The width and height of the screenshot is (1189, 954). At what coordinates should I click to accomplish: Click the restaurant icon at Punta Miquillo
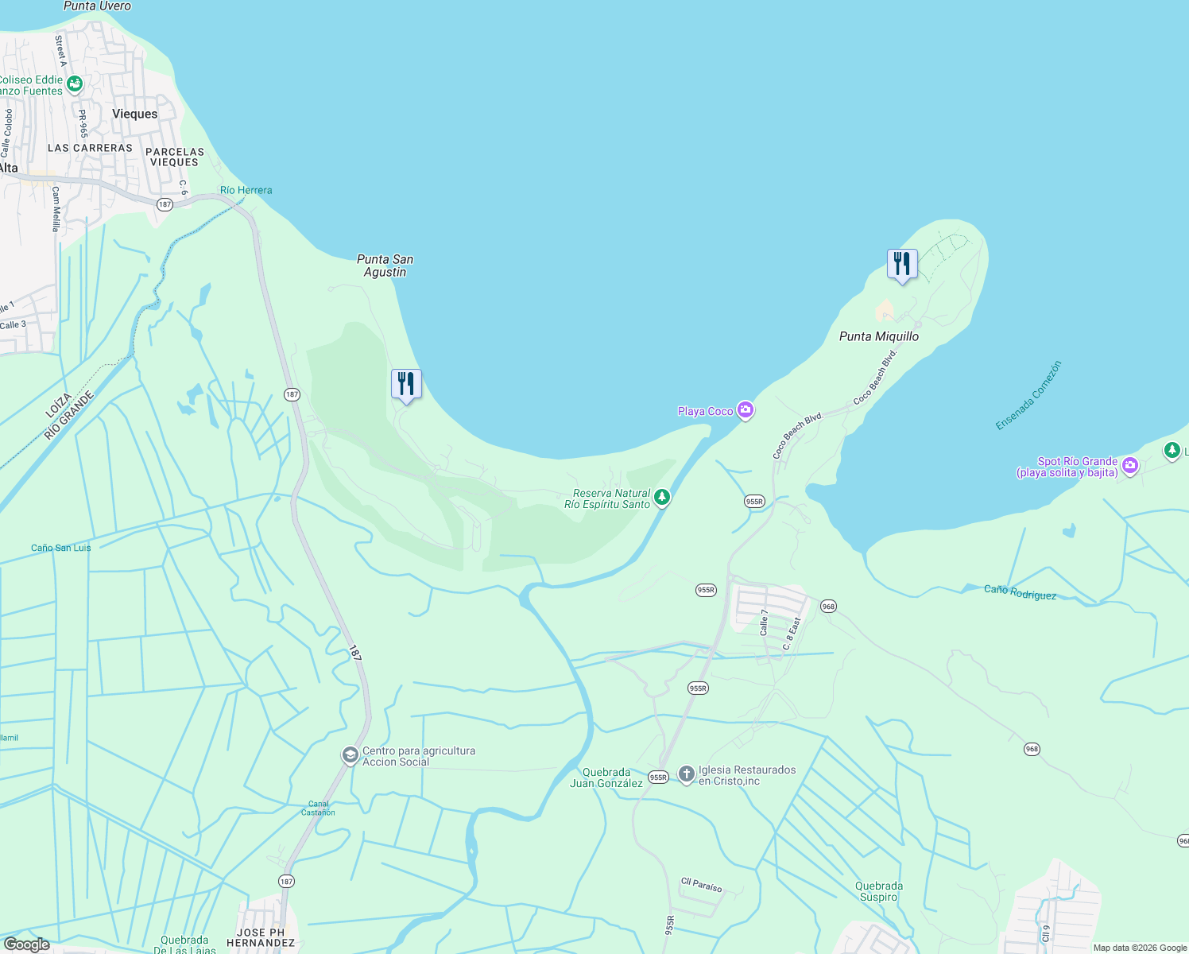pyautogui.click(x=902, y=264)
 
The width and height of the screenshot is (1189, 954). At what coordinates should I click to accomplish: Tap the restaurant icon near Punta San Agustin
pyautogui.click(x=406, y=384)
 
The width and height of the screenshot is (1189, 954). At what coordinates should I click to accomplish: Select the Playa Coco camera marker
pyautogui.click(x=746, y=410)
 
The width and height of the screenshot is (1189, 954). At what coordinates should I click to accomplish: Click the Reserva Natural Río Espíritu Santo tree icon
pyautogui.click(x=662, y=498)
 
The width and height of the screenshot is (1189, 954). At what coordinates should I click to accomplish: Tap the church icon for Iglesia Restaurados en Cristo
pyautogui.click(x=687, y=774)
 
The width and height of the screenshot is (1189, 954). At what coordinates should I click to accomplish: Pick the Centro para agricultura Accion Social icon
pyautogui.click(x=350, y=755)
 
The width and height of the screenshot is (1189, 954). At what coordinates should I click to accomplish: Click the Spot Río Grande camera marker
pyautogui.click(x=1130, y=466)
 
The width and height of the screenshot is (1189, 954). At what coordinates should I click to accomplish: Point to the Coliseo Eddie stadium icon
pyautogui.click(x=75, y=83)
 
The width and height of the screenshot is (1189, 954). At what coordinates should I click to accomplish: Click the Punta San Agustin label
pyautogui.click(x=385, y=266)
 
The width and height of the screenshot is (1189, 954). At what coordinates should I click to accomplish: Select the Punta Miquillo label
pyautogui.click(x=879, y=336)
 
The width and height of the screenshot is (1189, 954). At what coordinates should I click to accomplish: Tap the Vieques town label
pyautogui.click(x=134, y=114)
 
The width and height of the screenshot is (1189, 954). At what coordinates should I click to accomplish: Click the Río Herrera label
pyautogui.click(x=246, y=190)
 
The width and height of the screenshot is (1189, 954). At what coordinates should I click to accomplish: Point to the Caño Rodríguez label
pyautogui.click(x=1020, y=592)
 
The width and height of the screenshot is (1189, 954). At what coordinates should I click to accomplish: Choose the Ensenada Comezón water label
pyautogui.click(x=1028, y=396)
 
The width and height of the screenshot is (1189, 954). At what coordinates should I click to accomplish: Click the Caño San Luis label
pyautogui.click(x=61, y=548)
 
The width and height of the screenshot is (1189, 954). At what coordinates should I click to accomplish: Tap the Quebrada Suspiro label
pyautogui.click(x=878, y=891)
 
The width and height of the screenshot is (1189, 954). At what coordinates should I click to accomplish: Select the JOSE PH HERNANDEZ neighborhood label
pyautogui.click(x=260, y=937)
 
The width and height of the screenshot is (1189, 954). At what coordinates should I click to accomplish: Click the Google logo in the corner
pyautogui.click(x=26, y=944)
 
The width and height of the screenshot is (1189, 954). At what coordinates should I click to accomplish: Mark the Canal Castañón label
pyautogui.click(x=318, y=808)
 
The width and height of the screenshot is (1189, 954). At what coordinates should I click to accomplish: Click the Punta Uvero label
pyautogui.click(x=97, y=6)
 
